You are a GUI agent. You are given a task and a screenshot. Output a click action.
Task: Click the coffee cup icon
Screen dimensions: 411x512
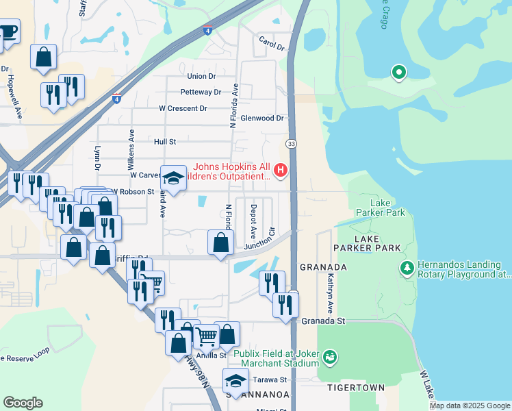click(8, 32)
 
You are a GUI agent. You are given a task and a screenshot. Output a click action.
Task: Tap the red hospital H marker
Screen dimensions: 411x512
click(280, 169)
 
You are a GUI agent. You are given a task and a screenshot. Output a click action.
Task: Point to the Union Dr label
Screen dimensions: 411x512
click(201, 76)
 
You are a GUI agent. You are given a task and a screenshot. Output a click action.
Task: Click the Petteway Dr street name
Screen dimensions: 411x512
click(201, 92)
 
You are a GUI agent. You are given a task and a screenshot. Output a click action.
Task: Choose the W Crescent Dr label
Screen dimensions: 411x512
click(183, 108)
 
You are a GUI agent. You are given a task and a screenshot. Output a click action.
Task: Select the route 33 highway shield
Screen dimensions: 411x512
click(292, 143)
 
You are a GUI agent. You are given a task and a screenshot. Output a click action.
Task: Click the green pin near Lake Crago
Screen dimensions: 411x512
click(398, 71)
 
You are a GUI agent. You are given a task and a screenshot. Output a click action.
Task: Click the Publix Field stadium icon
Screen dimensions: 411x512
click(330, 357)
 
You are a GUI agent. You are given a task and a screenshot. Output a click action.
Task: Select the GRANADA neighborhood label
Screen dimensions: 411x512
click(323, 266)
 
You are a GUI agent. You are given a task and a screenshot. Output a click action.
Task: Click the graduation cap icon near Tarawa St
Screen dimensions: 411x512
click(235, 379)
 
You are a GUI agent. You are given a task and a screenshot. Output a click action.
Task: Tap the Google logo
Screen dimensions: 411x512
click(23, 403)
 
